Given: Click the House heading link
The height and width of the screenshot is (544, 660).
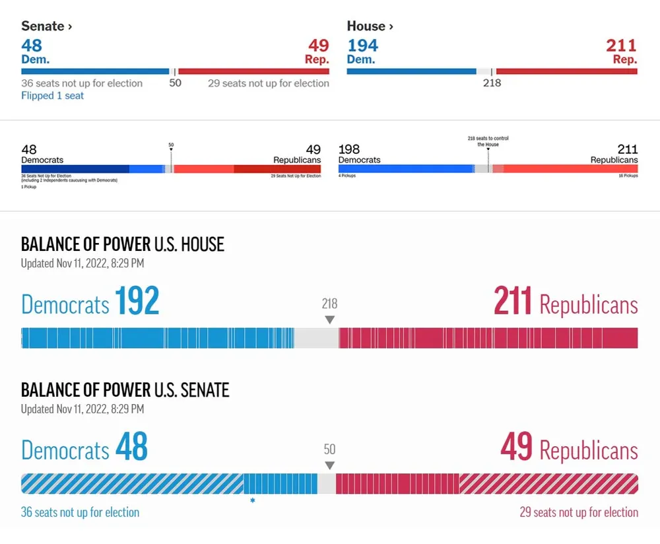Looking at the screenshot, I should [370, 26].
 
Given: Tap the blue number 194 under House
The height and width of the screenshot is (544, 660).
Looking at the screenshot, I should [362, 46].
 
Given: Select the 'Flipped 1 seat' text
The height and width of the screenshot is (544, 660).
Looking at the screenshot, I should [53, 96].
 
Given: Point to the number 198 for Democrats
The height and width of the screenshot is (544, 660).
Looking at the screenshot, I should [349, 149].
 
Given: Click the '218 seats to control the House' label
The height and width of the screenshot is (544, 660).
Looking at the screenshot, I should [488, 141].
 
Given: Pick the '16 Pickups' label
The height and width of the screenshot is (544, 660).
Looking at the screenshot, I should [628, 176].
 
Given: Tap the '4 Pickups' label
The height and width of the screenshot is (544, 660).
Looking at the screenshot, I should [347, 176].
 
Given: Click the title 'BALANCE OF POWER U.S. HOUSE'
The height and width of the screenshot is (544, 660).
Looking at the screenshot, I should [123, 244].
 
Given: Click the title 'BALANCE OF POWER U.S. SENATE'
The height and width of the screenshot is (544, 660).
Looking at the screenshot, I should [125, 390].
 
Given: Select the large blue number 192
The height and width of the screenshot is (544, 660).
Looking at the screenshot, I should [137, 302].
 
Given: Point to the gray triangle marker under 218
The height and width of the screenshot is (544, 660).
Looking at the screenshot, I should [329, 320].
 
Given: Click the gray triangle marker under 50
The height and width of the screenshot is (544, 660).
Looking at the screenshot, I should [329, 465].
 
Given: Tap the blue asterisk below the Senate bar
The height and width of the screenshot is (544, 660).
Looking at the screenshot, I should [252, 501].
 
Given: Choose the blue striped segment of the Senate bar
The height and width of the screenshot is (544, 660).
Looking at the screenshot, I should [132, 484].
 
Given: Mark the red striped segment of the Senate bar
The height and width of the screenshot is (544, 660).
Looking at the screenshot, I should [548, 484].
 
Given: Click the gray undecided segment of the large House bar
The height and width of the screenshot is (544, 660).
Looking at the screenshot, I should [316, 338].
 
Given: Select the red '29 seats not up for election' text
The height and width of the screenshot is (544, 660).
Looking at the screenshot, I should [579, 512].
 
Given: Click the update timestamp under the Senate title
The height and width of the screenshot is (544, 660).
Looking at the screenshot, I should [82, 409].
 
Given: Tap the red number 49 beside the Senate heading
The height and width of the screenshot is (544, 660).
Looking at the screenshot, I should [318, 46].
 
